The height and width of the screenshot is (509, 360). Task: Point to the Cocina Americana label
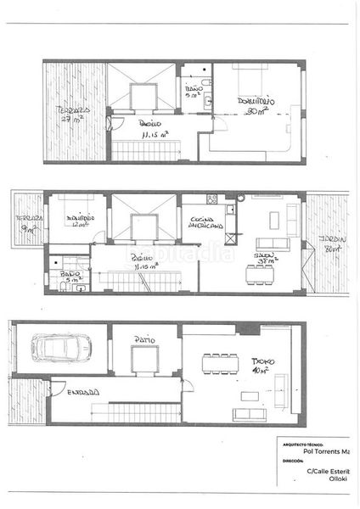(205, 224)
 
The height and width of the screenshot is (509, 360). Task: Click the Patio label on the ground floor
(144, 339)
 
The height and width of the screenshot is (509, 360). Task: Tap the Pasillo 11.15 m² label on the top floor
(154, 129)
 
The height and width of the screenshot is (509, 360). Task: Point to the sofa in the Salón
(273, 244)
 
